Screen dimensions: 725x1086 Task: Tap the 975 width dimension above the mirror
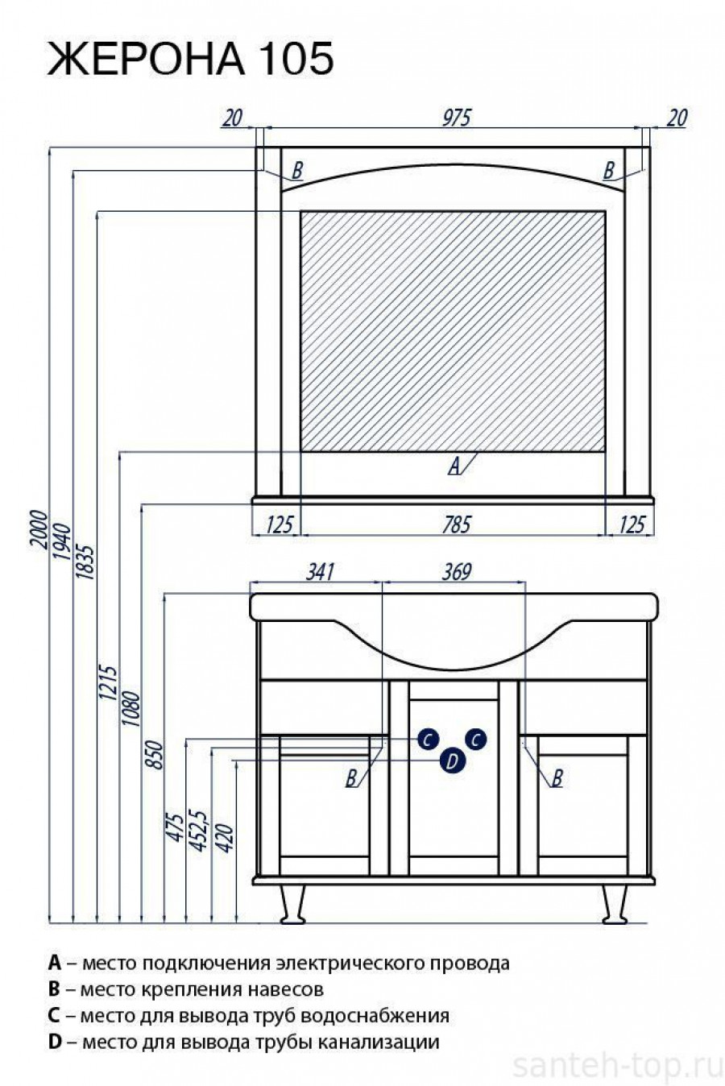457,118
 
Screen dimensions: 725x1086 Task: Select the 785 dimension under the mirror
457,524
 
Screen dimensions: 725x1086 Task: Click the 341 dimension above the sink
321,572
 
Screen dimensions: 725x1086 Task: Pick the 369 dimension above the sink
457,572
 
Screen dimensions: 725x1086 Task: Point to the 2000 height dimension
39,528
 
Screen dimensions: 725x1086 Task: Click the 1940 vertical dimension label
63,542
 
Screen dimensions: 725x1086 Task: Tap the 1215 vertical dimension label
108,683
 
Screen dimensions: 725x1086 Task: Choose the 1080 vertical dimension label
130,708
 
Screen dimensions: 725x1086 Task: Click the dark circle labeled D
452,761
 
